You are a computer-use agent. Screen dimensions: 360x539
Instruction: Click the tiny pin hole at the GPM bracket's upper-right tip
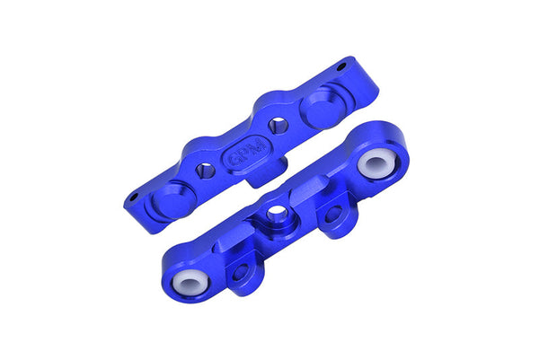click(x=342, y=66)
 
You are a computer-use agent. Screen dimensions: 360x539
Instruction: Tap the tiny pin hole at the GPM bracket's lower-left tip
click(x=134, y=198)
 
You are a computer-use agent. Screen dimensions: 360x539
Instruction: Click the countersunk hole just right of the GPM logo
click(x=279, y=126)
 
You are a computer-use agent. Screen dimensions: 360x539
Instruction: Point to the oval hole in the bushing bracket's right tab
click(x=333, y=215)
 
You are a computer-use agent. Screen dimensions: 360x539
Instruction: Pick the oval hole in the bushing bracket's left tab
click(x=240, y=272)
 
